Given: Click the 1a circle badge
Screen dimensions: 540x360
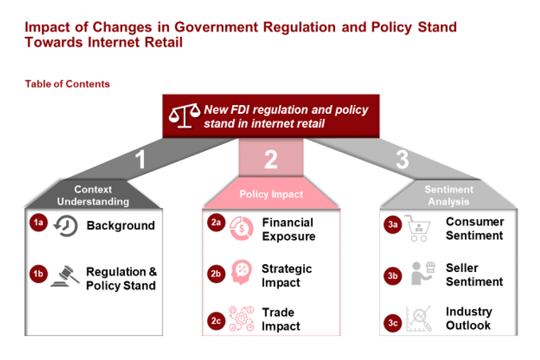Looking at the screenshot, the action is click(38, 222).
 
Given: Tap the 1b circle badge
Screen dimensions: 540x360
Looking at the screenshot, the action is click(38, 274).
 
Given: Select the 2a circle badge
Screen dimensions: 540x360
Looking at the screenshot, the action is click(216, 222).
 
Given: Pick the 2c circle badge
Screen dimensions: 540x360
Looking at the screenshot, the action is click(216, 321).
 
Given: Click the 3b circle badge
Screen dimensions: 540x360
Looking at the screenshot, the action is click(392, 276).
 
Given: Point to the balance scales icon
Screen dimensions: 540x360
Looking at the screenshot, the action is click(184, 116).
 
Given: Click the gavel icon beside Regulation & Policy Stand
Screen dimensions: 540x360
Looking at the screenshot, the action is click(65, 276).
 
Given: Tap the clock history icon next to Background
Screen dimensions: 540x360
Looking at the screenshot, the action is click(65, 226).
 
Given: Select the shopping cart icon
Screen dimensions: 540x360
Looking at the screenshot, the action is click(418, 228).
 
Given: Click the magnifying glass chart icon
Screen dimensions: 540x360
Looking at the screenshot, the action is click(419, 319).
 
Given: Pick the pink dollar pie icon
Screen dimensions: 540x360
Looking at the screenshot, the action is click(241, 228).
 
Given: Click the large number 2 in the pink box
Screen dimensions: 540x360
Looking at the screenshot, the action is click(270, 160).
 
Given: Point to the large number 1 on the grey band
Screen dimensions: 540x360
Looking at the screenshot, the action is click(140, 160).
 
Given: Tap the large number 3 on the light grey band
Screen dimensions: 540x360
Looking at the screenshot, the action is click(402, 160).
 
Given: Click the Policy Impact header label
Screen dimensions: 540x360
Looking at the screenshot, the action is click(271, 195).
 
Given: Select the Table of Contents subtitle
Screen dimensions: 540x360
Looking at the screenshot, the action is click(67, 84).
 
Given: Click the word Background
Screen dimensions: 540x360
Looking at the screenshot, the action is click(121, 225).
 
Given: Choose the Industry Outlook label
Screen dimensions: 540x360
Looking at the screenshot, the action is click(469, 318).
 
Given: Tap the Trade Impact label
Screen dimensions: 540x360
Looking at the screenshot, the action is click(281, 320).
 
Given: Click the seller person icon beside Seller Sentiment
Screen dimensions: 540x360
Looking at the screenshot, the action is click(423, 273).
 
